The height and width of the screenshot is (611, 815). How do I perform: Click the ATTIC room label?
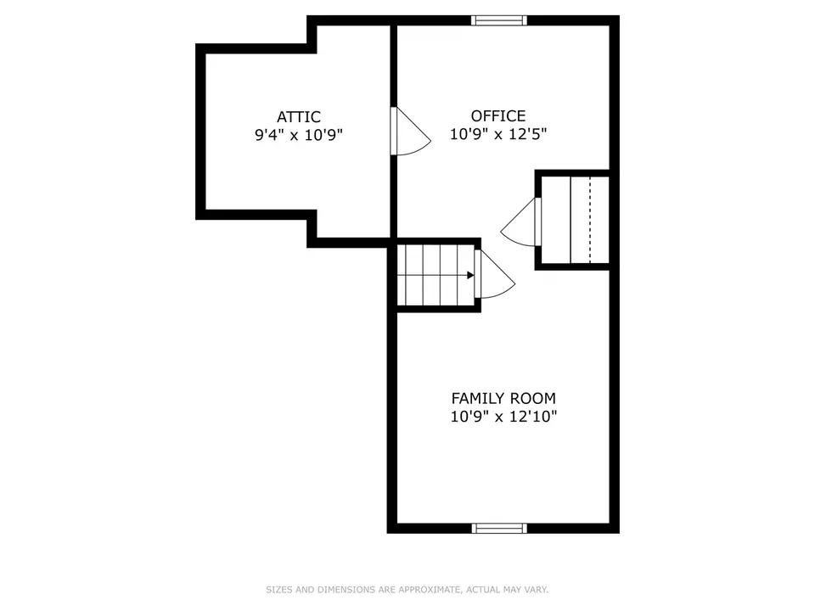point(298,117)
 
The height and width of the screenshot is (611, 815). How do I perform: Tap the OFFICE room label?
point(498,116)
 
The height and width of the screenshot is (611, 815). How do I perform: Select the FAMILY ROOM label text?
point(503,399)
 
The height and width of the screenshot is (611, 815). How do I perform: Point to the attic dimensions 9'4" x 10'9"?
point(298,135)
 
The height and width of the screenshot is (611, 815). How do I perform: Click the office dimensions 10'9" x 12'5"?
point(498,134)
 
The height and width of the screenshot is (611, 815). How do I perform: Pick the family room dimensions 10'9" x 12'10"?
point(503,417)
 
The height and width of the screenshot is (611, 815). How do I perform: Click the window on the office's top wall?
point(499,20)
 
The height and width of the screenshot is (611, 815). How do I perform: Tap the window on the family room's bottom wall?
point(499,529)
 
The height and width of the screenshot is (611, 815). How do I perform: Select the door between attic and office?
point(411,131)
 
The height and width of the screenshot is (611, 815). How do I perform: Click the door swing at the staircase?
point(494,274)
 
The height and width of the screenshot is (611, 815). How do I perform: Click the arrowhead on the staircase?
point(470,275)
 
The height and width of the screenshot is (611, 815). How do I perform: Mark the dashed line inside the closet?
point(590,220)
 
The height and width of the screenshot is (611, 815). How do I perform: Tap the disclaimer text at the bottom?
point(407,590)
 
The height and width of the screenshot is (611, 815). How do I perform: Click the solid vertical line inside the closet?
point(570,220)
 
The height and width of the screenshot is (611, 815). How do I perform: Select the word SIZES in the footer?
point(279,590)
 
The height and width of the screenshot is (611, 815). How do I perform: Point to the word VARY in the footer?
point(536,590)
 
